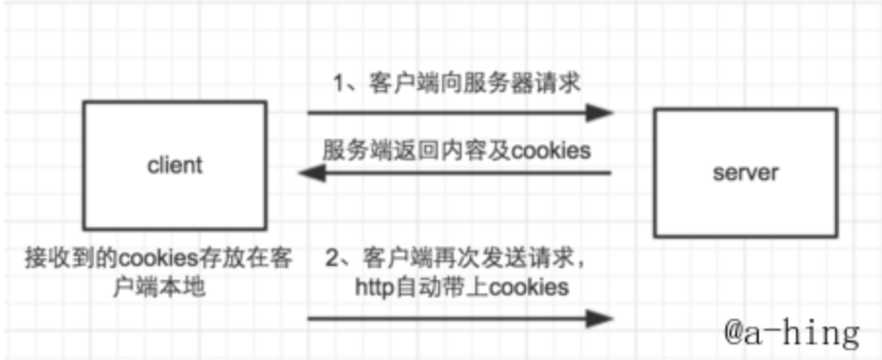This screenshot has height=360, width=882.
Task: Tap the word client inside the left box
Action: pos(174,163)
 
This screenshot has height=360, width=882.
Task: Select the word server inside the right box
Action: pos(745,173)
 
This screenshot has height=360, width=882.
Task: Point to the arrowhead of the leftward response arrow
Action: pos(311,174)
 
